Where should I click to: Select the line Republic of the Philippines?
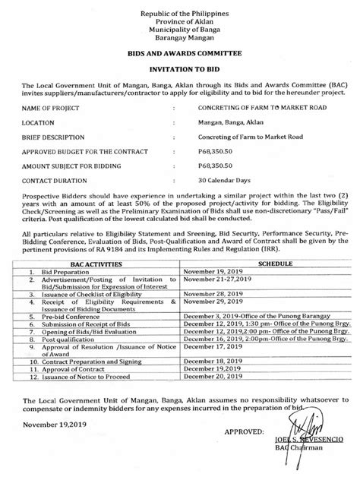pos(180,8)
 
